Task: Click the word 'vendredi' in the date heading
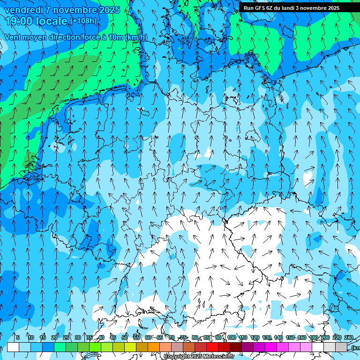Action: [24, 10]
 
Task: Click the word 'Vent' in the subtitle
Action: [13, 37]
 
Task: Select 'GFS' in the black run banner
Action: [260, 8]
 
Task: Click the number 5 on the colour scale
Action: [18, 337]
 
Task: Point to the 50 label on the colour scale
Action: [125, 337]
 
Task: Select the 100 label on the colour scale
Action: [231, 337]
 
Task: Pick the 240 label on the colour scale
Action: [349, 337]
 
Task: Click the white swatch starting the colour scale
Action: [13, 347]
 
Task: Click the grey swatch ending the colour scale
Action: [341, 347]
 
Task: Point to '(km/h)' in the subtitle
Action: [136, 37]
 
